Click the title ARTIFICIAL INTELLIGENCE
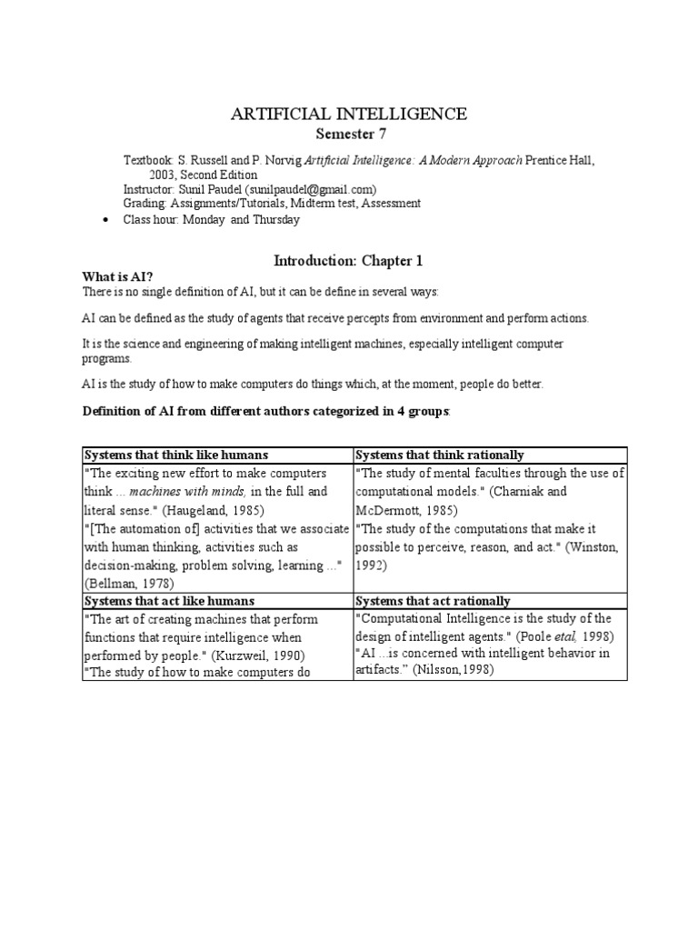click(349, 114)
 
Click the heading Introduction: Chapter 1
click(349, 261)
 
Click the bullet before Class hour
click(108, 220)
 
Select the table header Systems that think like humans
click(176, 455)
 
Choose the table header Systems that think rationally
click(439, 455)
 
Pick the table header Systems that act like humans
click(169, 601)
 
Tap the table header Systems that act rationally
click(432, 601)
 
